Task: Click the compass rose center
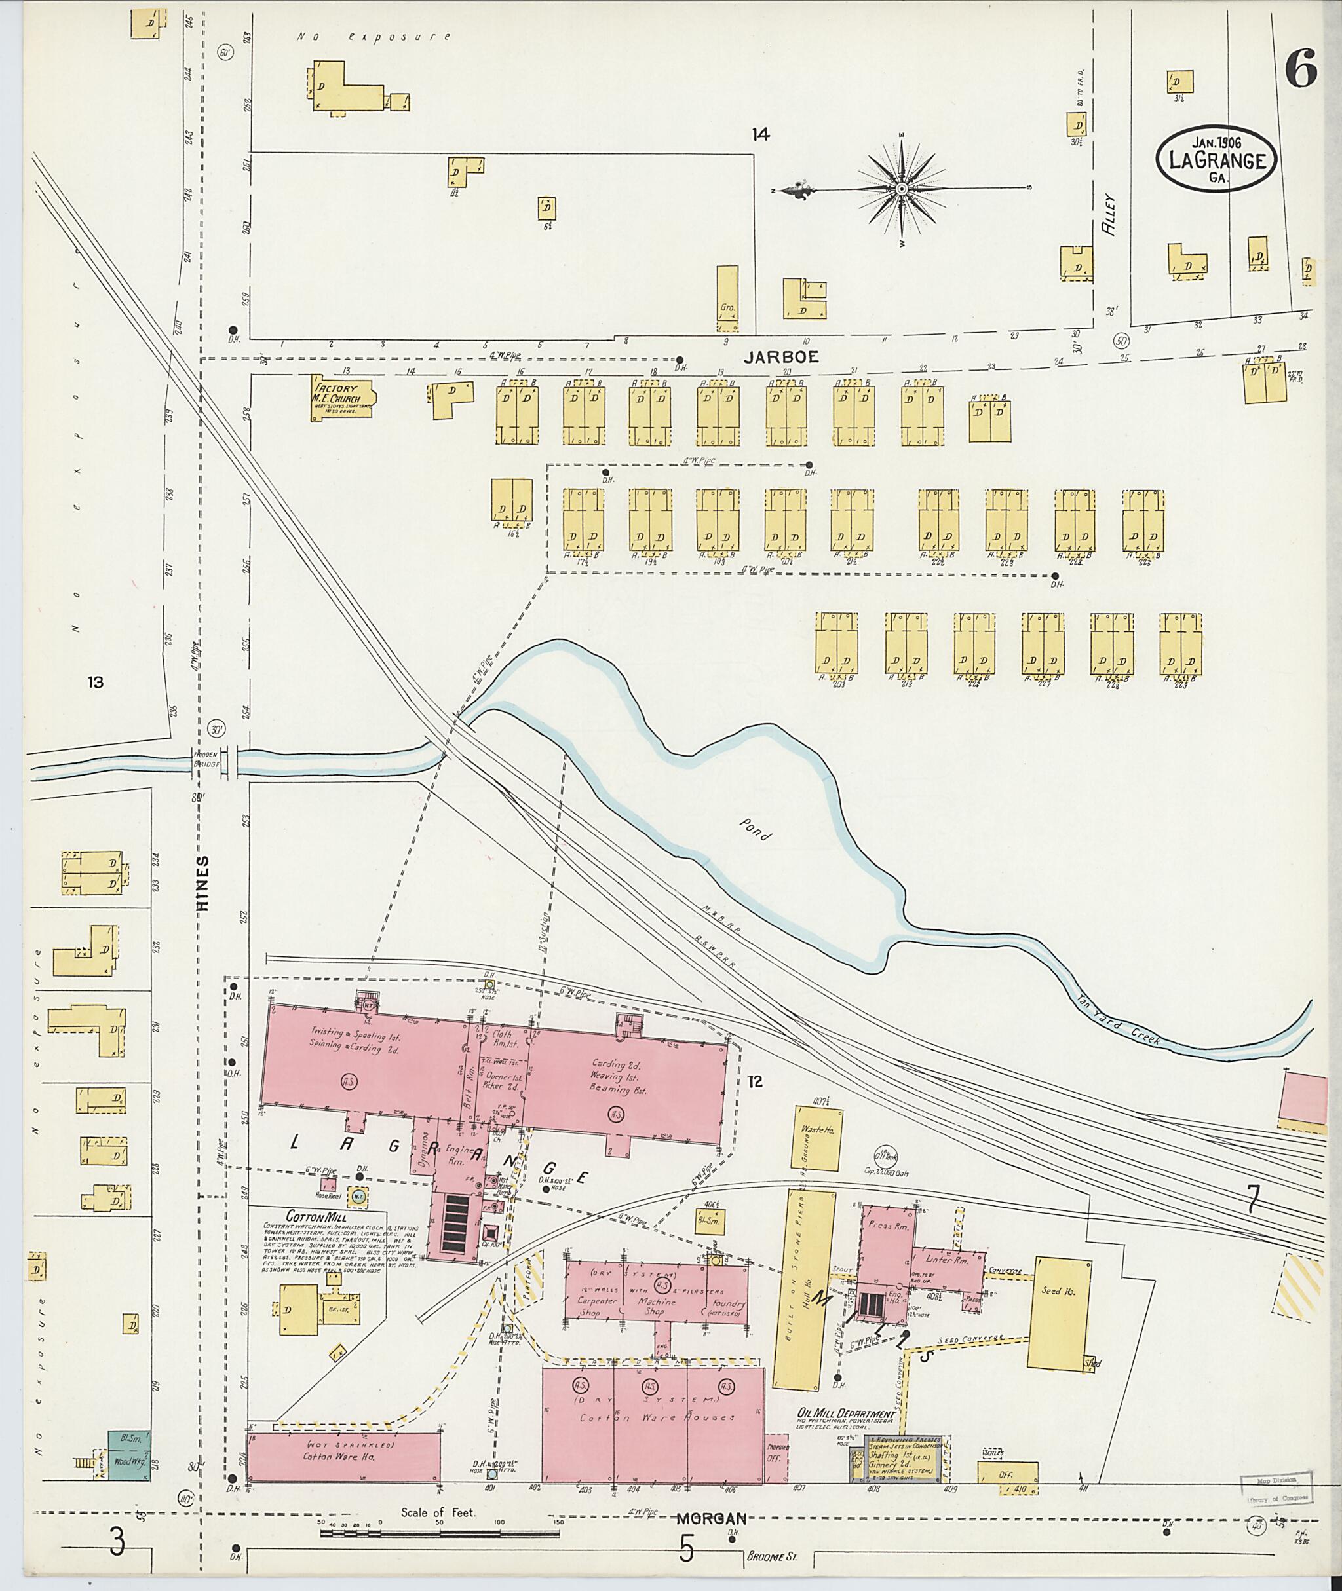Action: tap(902, 189)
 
